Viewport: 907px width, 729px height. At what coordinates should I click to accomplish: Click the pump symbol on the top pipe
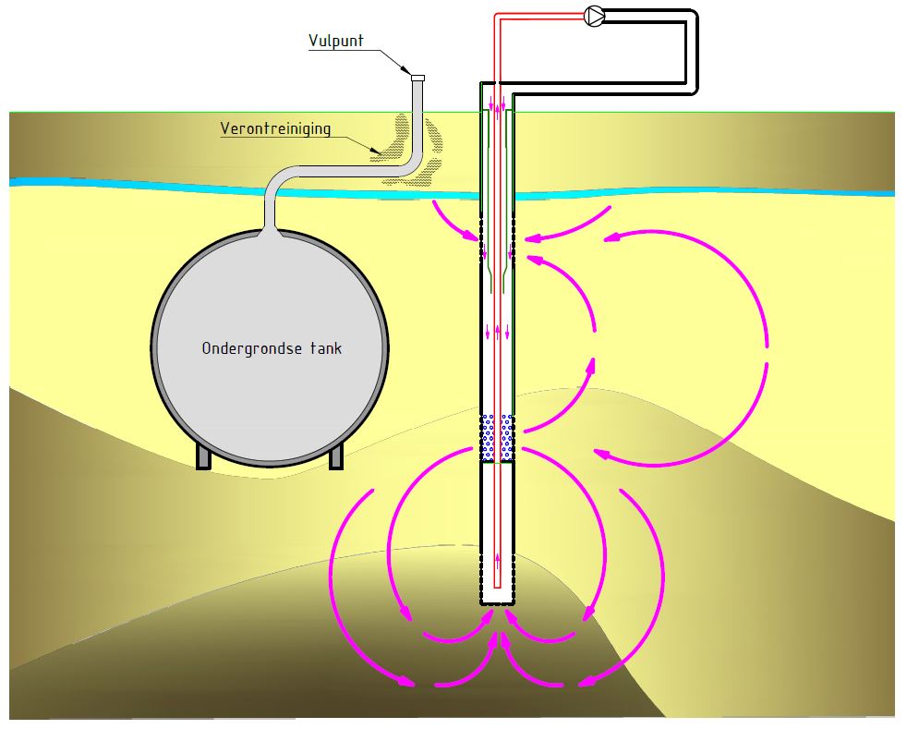pos(594,15)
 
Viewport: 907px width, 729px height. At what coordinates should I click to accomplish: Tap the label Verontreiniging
pos(275,128)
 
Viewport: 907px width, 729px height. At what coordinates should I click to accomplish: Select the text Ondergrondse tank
pos(272,348)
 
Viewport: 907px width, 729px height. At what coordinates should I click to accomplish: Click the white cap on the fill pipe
pos(417,79)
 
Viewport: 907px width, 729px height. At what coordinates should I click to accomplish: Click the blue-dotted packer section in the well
pos(498,438)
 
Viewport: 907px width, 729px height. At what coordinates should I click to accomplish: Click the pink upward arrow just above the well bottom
pos(499,557)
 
